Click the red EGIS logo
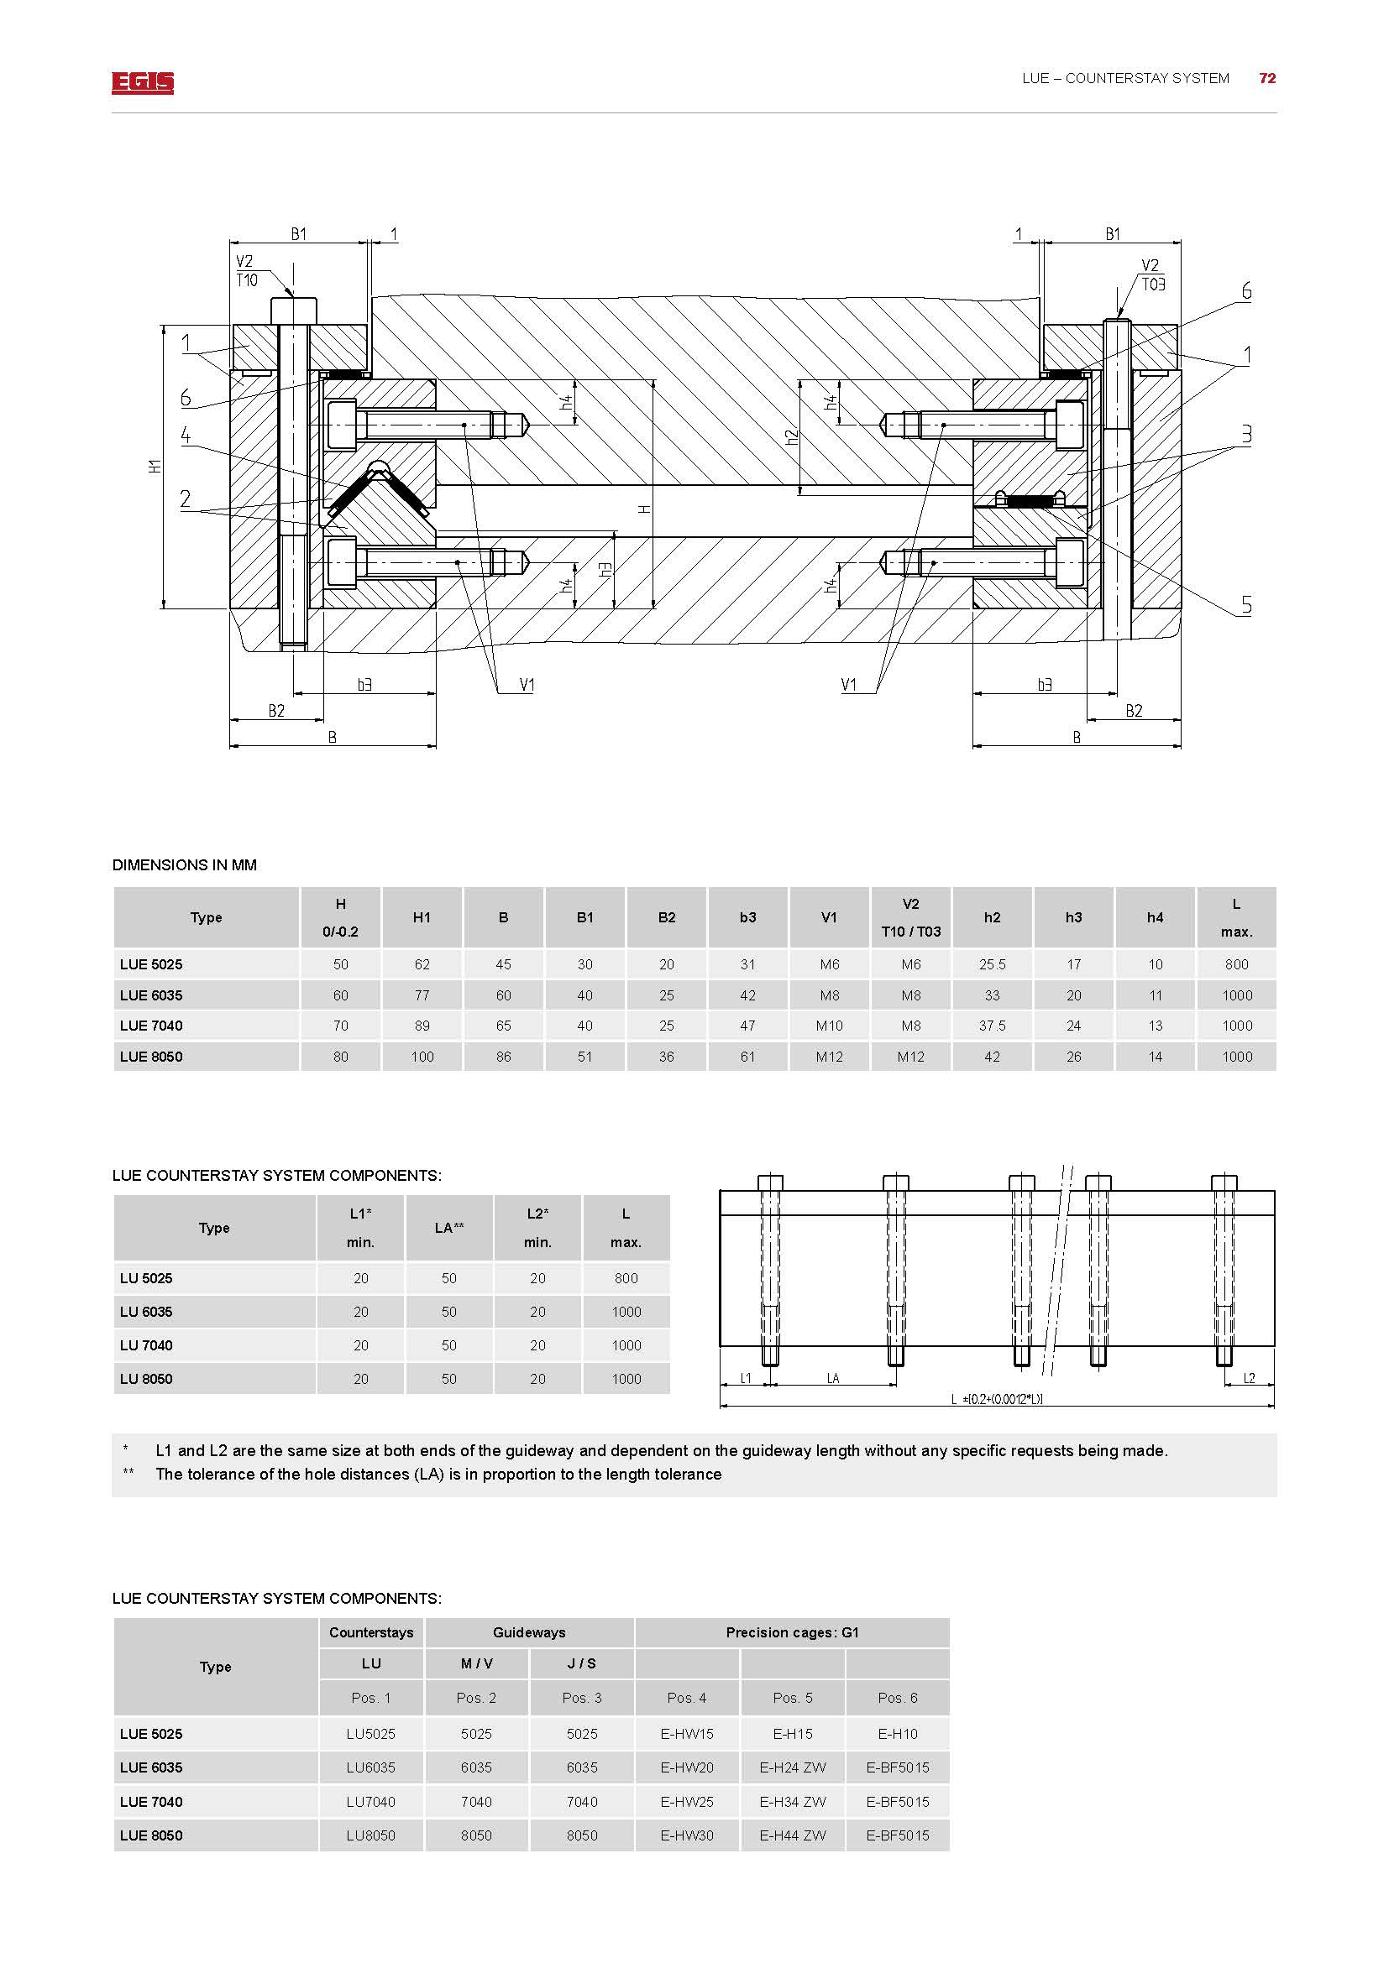pyautogui.click(x=142, y=82)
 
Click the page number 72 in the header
pyautogui.click(x=1266, y=78)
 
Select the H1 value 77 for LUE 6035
pyautogui.click(x=422, y=995)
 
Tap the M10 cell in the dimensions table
pyautogui.click(x=829, y=1025)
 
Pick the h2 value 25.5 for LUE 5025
pyautogui.click(x=992, y=964)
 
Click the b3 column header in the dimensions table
pyautogui.click(x=747, y=917)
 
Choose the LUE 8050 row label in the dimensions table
pyautogui.click(x=151, y=1057)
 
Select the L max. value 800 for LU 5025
pyautogui.click(x=626, y=1278)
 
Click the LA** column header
pyautogui.click(x=449, y=1228)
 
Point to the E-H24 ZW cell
pyautogui.click(x=792, y=1767)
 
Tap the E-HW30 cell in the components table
pyautogui.click(x=687, y=1835)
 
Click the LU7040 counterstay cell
pyautogui.click(x=370, y=1801)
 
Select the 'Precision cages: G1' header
pyautogui.click(x=792, y=1632)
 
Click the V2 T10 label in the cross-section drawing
pyautogui.click(x=246, y=271)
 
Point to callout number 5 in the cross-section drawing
pyautogui.click(x=1246, y=604)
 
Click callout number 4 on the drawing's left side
pyautogui.click(x=186, y=435)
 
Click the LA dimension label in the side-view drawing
pyautogui.click(x=833, y=1378)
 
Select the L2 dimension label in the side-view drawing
pyautogui.click(x=1249, y=1378)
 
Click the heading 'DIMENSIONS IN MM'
pyautogui.click(x=185, y=865)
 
